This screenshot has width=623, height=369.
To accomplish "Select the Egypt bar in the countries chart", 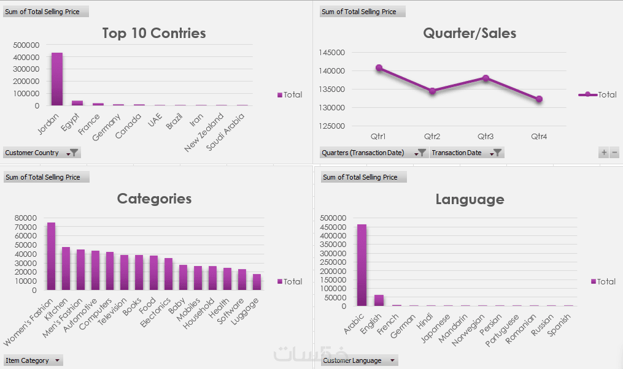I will [x=77, y=103].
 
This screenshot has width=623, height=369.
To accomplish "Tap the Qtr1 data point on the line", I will [x=379, y=68].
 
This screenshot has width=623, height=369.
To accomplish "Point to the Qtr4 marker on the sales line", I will [x=538, y=99].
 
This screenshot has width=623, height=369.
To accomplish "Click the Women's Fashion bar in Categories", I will [x=51, y=256].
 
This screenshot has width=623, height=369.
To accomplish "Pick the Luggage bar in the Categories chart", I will [x=257, y=282].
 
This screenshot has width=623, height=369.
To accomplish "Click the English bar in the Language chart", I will [x=379, y=300].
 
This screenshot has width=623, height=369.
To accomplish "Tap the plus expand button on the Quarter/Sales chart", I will [x=604, y=153].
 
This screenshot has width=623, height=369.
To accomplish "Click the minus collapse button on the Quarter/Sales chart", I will [x=614, y=153].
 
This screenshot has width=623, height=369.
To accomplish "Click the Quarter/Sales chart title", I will [x=470, y=33].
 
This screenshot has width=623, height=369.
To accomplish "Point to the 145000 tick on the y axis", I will [x=332, y=53].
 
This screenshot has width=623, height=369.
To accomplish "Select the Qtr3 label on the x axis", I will [x=486, y=136].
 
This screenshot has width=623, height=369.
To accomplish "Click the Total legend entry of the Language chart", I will [x=603, y=281].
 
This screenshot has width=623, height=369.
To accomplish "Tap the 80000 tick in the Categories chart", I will [x=26, y=218].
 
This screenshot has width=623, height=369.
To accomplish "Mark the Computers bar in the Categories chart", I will [x=110, y=271].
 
